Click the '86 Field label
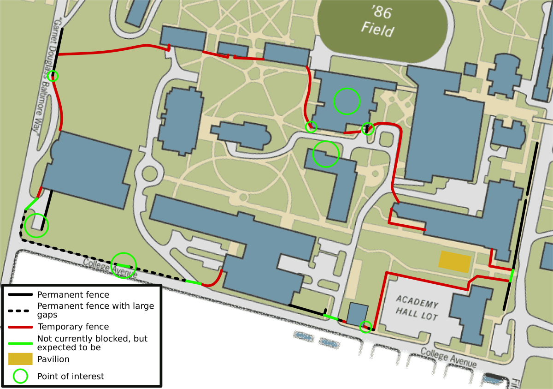pyautogui.click(x=378, y=21)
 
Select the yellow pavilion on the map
pyautogui.click(x=455, y=262)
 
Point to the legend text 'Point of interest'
pyautogui.click(x=71, y=376)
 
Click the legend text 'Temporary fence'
pyautogui.click(x=73, y=327)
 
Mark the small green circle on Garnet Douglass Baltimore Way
pyautogui.click(x=53, y=76)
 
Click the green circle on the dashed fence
pyautogui.click(x=124, y=265)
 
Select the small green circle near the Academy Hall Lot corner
pyautogui.click(x=365, y=327)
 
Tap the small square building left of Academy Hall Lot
pyautogui.click(x=357, y=314)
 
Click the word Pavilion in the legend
pyautogui.click(x=53, y=359)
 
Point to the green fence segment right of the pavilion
pyautogui.click(x=512, y=275)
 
